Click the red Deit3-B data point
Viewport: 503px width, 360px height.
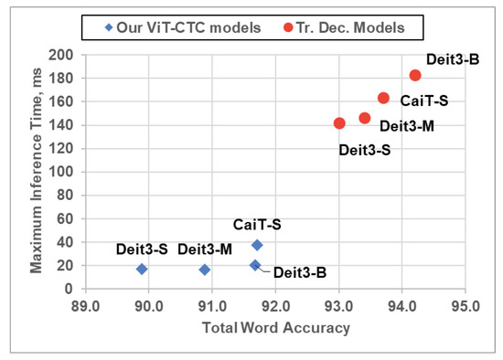coord(415,76)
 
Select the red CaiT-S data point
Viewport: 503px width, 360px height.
coord(383,98)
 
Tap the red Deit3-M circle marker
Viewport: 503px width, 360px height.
coord(364,118)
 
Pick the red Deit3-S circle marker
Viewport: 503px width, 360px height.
coord(339,123)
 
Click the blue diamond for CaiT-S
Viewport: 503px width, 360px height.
coord(257,245)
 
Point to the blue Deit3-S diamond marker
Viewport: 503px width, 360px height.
coord(142,269)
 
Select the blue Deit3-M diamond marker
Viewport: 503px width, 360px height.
coord(205,270)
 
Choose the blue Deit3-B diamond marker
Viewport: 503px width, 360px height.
coord(255,265)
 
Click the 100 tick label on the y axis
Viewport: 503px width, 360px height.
coord(69,172)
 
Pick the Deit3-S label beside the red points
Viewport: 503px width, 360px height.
coord(365,149)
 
